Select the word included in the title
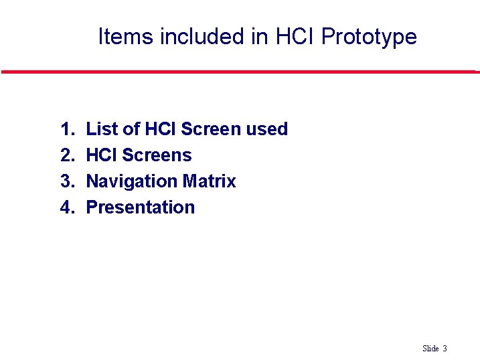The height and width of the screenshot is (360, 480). point(203,36)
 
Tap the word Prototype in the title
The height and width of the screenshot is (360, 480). point(369,36)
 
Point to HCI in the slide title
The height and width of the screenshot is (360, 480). point(295,36)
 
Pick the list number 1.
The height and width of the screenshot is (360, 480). point(66,129)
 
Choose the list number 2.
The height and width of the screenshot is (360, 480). point(66,155)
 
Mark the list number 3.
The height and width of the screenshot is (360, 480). point(66,181)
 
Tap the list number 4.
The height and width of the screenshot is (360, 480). point(66,207)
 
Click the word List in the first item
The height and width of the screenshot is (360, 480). point(102,129)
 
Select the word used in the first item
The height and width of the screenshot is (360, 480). point(266,129)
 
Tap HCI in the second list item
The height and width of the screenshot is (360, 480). point(102,155)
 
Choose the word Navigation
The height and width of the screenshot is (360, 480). point(131,181)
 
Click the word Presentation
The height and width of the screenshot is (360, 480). point(141,207)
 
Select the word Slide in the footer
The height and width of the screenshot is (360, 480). point(430,349)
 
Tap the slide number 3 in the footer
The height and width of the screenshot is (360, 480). point(445,349)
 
